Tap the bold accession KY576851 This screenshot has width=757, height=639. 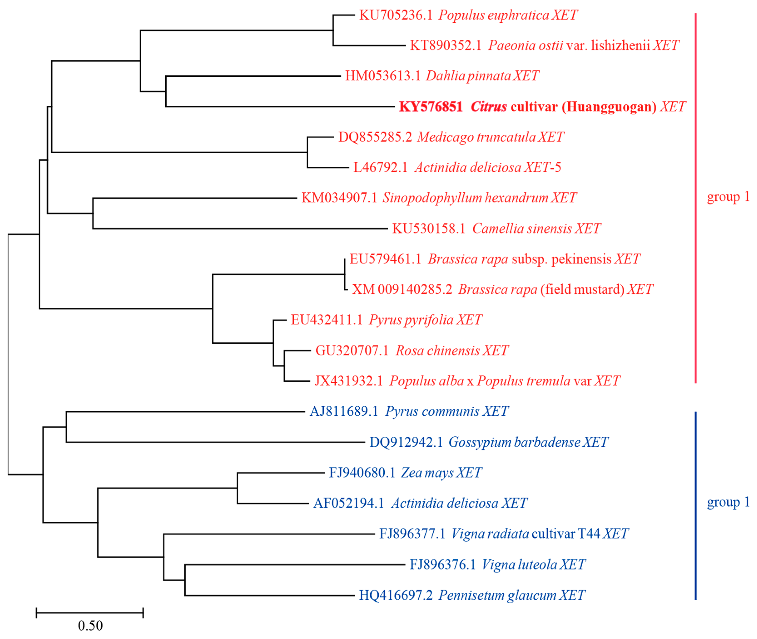(x=431, y=107)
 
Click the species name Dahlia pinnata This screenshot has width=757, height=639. (x=468, y=76)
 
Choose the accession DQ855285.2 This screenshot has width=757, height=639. (x=375, y=137)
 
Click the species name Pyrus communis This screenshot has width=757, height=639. (x=432, y=412)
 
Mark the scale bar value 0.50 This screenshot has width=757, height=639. (x=90, y=626)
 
